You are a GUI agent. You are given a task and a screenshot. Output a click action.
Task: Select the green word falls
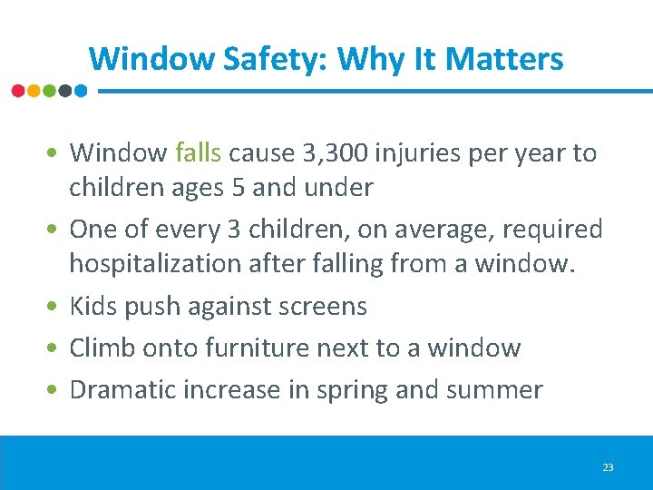(199, 152)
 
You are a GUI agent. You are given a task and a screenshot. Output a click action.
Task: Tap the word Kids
(93, 306)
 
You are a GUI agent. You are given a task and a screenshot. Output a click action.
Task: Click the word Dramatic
(126, 390)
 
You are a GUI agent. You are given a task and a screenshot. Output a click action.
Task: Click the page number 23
(608, 467)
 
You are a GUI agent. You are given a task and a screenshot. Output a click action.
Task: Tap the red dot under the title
(18, 91)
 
